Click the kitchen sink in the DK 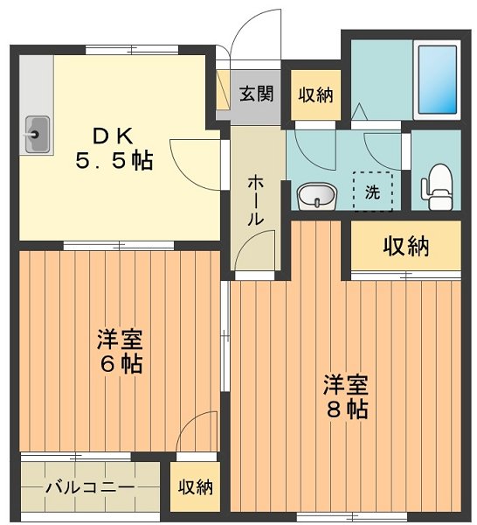click(38, 135)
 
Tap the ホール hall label click(256, 200)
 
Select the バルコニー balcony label click(89, 487)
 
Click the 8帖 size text click(347, 409)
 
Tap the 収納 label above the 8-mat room click(405, 247)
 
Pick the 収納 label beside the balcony click(196, 487)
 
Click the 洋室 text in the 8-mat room click(347, 384)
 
